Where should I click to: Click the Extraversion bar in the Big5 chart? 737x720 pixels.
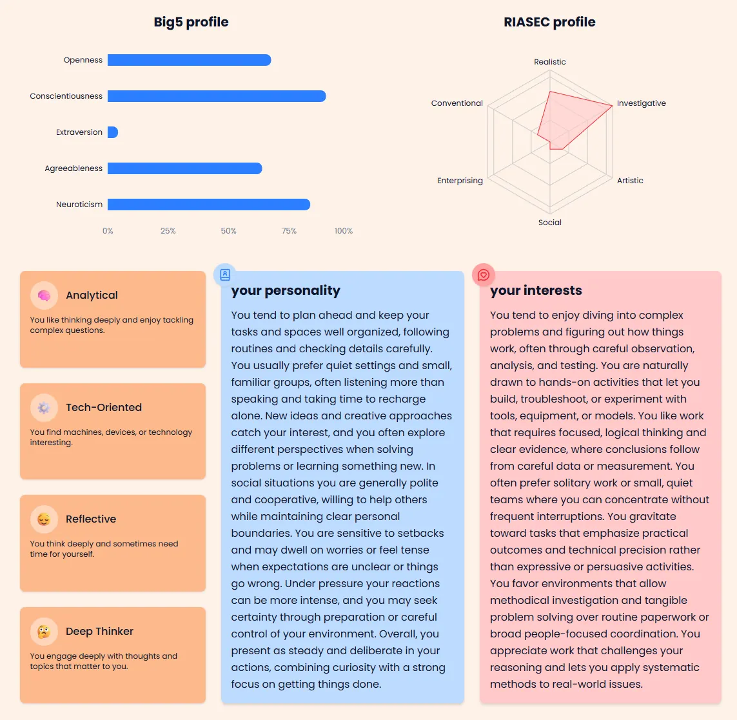[113, 132]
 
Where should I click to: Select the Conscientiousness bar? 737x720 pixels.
[217, 96]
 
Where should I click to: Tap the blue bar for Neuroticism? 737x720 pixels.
[209, 205]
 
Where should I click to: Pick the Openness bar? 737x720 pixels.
[189, 60]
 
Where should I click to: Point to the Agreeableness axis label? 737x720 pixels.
[74, 168]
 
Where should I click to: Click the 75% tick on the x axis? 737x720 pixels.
[289, 231]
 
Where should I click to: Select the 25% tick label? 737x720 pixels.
[168, 231]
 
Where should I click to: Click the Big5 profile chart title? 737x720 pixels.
[191, 22]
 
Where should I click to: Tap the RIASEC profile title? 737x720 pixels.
[549, 22]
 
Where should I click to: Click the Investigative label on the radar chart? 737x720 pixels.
[641, 103]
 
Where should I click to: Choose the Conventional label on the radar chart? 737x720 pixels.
[457, 103]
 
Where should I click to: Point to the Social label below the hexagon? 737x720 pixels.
[550, 223]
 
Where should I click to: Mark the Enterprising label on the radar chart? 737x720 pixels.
[460, 181]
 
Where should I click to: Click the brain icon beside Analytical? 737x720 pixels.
[44, 295]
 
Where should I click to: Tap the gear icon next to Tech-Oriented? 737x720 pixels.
[44, 408]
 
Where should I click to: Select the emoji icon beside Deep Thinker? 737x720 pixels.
[44, 632]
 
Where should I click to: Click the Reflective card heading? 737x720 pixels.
[91, 519]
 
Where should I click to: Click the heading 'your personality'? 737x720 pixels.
[286, 290]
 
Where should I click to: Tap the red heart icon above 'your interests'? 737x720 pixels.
[484, 275]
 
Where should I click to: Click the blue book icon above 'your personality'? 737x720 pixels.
[225, 275]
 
